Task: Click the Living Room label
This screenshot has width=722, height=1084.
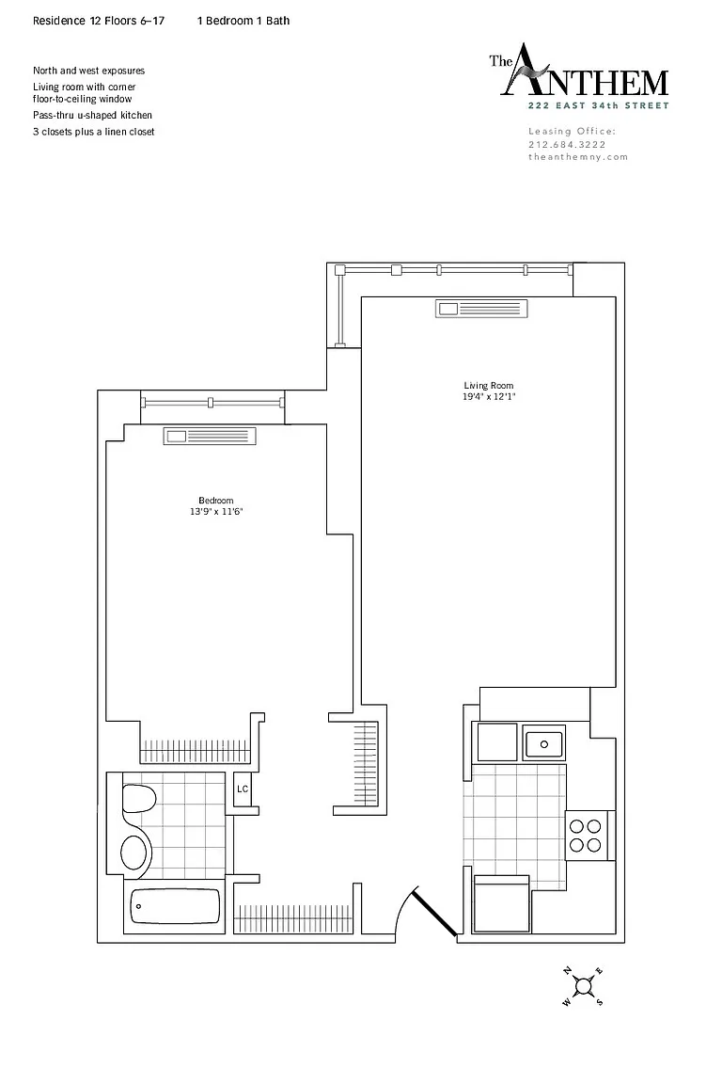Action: pos(489,386)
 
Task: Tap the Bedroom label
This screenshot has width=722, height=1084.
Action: pos(215,501)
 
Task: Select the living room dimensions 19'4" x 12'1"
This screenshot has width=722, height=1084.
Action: pos(489,397)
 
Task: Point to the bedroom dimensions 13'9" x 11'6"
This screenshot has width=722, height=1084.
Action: pos(216,512)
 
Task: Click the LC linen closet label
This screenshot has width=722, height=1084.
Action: pos(243,789)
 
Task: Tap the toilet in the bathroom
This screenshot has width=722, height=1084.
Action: pos(139,799)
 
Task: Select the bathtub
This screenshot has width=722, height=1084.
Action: pos(175,905)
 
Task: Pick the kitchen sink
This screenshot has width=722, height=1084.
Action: pos(543,743)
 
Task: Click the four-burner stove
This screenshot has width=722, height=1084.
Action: pos(586,836)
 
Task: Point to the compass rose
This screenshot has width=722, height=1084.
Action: pos(583,986)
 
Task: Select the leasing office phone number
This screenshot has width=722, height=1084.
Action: pos(567,145)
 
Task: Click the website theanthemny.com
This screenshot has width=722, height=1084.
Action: pos(578,157)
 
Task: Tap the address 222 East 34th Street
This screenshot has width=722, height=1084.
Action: pos(598,105)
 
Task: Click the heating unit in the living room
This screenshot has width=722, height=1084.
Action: pos(481,309)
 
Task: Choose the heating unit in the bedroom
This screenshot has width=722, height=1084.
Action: pos(210,437)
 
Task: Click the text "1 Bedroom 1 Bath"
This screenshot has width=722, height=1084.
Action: pos(243,21)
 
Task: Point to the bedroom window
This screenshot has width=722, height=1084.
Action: pos(212,402)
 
